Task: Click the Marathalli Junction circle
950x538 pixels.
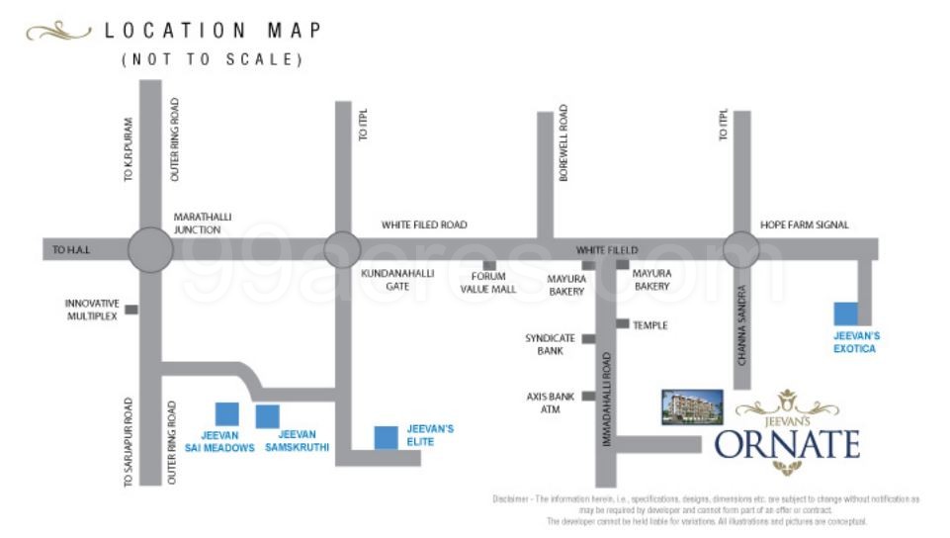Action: (150, 248)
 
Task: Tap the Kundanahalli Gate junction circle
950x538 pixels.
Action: (342, 248)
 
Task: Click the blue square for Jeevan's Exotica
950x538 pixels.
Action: (845, 314)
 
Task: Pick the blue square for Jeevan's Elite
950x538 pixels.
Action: (386, 436)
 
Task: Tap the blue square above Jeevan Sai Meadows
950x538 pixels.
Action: (227, 413)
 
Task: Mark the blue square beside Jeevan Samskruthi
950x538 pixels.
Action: (267, 416)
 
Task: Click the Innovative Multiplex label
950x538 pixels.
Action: (92, 309)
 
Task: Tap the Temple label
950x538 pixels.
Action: (650, 325)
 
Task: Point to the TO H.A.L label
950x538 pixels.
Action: (71, 251)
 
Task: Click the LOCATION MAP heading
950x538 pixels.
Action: (214, 31)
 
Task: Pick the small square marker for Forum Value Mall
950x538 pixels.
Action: (488, 265)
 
